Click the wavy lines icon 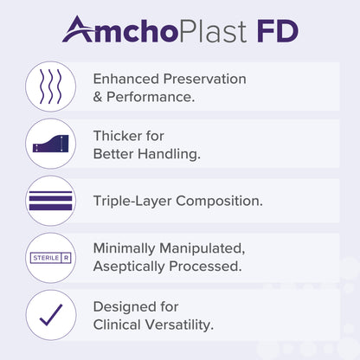click(50, 87)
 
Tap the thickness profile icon click(50, 144)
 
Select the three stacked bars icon click(50, 201)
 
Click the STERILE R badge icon click(50, 258)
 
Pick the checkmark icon click(50, 315)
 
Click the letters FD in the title click(277, 31)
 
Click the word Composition click(225, 202)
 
